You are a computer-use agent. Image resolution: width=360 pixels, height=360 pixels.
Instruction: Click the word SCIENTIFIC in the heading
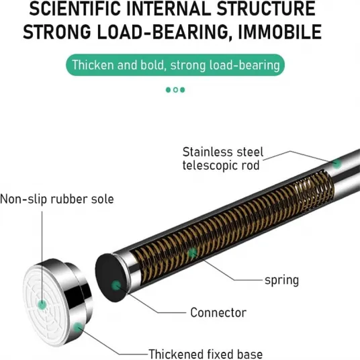point(75,9)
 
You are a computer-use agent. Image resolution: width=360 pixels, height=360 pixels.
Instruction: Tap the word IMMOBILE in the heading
point(280,32)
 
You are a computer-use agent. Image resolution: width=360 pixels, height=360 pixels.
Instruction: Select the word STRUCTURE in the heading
point(266,9)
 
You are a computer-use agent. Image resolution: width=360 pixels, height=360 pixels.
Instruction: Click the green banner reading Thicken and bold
point(175,65)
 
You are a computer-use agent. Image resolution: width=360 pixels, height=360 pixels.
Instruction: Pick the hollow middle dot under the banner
point(175,90)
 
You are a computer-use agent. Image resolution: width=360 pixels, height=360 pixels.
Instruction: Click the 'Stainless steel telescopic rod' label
point(223,159)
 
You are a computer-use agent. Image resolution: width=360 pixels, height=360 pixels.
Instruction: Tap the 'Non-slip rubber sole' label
point(57,199)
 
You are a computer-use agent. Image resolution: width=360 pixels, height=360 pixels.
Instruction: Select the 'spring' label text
point(281,281)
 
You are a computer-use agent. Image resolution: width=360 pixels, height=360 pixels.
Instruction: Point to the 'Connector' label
point(218,313)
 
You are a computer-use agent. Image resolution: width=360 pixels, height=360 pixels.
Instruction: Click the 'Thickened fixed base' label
point(206,354)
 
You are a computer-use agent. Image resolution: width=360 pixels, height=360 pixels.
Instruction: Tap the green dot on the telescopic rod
point(336,164)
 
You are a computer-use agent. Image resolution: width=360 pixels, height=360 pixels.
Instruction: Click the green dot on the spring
point(192,253)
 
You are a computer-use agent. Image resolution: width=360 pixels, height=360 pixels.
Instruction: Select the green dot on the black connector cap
point(116,285)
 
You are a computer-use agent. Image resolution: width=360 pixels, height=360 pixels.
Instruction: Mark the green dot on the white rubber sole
point(42,305)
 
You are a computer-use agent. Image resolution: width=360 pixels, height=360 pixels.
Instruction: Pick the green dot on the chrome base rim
point(78,327)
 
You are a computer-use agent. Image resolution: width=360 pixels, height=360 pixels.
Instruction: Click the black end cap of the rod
point(111,278)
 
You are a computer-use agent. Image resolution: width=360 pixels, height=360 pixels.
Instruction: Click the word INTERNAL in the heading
point(169,9)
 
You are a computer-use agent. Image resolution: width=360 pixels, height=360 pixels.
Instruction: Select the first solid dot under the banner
point(169,90)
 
